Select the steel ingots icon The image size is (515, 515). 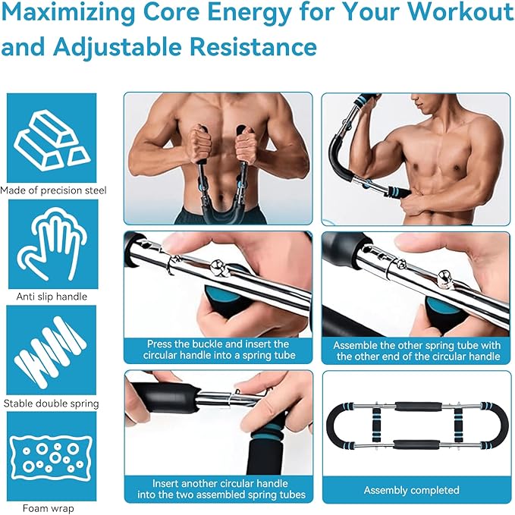tap(52, 137)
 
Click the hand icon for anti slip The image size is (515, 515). tap(52, 243)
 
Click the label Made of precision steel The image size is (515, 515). tap(53, 190)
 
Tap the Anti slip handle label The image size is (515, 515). tap(52, 297)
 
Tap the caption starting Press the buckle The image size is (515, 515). tap(218, 350)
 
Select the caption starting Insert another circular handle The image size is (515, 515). tap(218, 489)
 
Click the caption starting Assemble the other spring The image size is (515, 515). tap(417, 350)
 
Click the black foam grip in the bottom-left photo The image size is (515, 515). tap(163, 397)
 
